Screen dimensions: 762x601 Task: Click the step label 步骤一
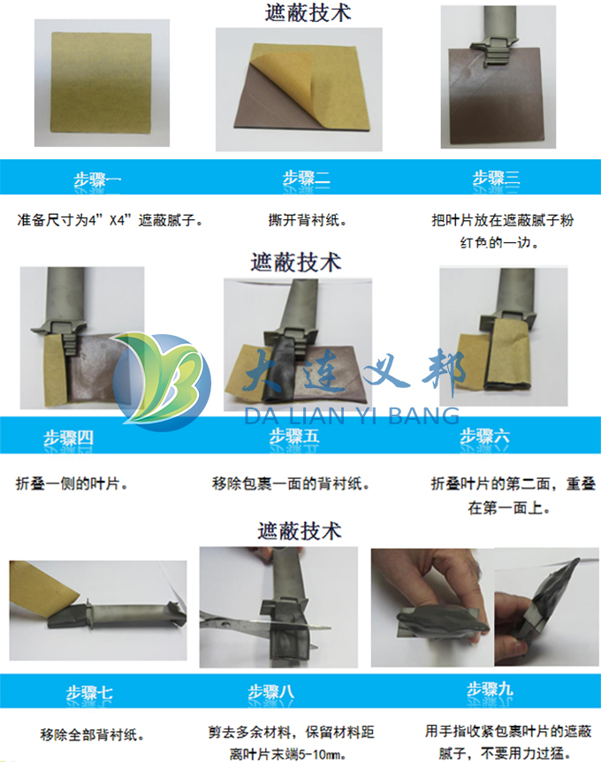pyautogui.click(x=97, y=180)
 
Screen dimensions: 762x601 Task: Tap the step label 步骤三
pyautogui.click(x=496, y=179)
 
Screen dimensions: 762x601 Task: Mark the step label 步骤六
pyautogui.click(x=483, y=436)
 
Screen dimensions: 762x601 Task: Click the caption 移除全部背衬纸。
pyautogui.click(x=93, y=735)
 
